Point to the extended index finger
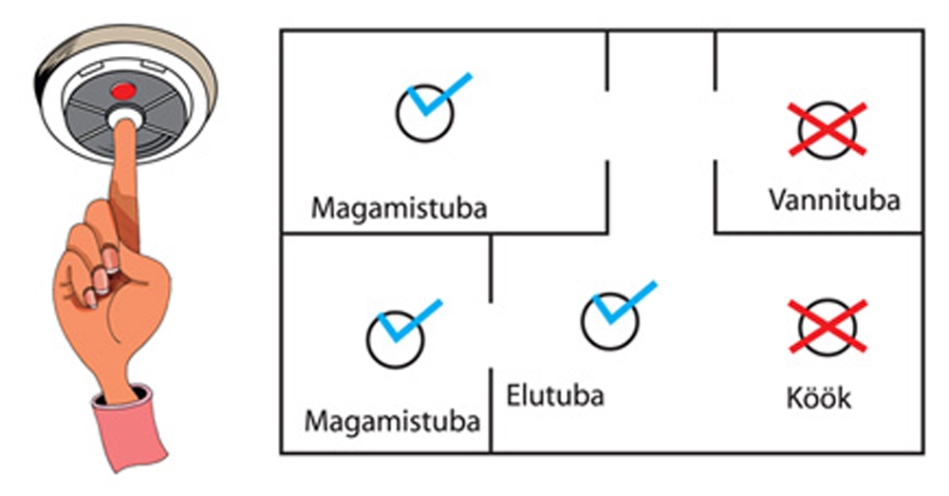point(124,181)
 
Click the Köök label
point(819,397)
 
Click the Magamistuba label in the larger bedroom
point(400,207)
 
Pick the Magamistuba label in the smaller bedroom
point(392,420)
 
